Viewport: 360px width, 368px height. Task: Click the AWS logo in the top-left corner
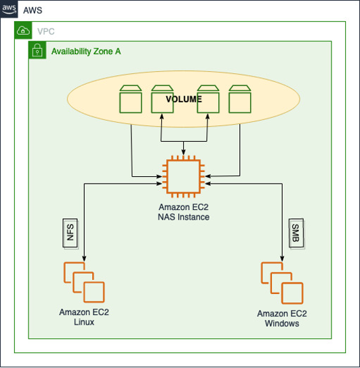[x=9, y=10]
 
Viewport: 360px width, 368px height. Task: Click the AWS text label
[x=33, y=11]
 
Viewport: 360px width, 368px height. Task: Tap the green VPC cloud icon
[x=22, y=31]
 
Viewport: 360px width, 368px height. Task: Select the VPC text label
[x=46, y=31]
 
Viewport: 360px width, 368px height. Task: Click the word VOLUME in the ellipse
[x=184, y=99]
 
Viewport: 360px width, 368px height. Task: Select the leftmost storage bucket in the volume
[x=130, y=99]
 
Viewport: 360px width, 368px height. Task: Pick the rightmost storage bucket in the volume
[x=240, y=99]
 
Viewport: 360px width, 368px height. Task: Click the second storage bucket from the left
[x=162, y=99]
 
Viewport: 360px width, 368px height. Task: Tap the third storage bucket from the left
[x=207, y=99]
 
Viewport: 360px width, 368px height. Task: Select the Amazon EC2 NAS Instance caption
[x=184, y=212]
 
